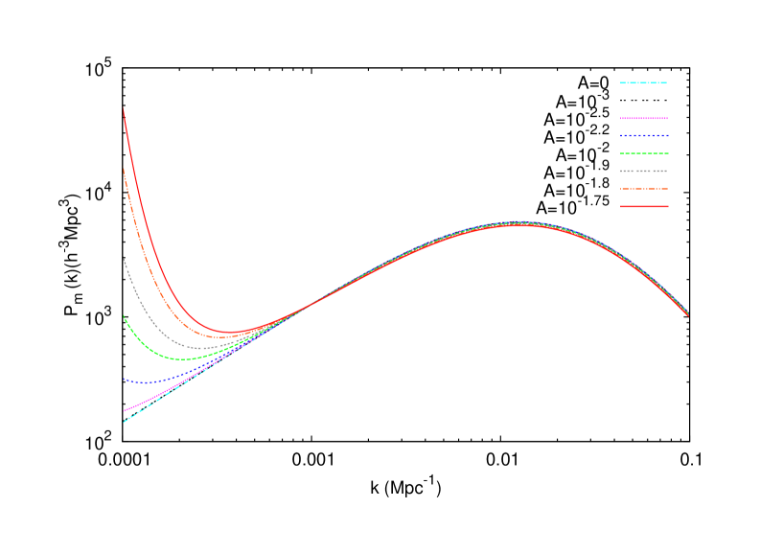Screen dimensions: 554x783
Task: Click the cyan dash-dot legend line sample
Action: coord(644,83)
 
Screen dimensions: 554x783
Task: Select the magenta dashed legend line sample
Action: coord(644,119)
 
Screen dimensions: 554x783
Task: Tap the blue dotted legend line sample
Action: coord(644,136)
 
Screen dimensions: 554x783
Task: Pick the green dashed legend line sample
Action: coord(644,153)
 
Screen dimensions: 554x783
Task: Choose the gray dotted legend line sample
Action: coord(644,171)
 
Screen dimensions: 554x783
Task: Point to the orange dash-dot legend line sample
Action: coord(644,189)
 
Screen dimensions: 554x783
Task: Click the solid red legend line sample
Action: coord(644,206)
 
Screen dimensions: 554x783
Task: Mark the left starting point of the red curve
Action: coord(124,109)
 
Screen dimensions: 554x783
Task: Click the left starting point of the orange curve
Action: coord(124,169)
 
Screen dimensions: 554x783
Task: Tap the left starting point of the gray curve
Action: coord(124,258)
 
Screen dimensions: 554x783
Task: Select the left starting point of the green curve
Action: coord(124,315)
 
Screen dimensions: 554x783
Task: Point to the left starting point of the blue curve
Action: coord(124,379)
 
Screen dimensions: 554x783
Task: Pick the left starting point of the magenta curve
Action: coord(124,410)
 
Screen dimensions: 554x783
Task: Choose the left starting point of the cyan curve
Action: coord(124,422)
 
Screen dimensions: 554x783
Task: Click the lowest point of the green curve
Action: coord(184,359)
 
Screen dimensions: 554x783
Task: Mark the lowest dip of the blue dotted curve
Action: coord(141,382)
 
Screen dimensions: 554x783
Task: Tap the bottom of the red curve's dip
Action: coord(230,333)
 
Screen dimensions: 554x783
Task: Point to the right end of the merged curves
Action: coord(688,313)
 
